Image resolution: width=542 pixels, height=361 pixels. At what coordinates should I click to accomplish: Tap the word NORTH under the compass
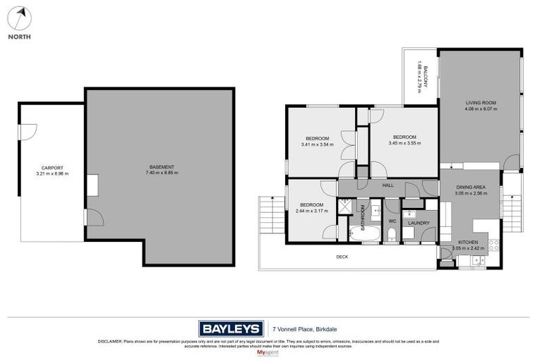(20, 37)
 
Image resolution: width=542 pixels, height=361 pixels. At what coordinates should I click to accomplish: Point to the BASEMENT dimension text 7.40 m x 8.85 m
(159, 173)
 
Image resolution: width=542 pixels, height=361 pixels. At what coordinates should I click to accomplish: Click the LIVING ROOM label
(481, 102)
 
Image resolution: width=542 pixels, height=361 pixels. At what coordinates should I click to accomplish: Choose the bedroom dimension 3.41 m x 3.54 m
(317, 145)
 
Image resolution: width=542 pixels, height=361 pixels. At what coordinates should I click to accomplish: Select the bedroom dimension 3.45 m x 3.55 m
(404, 143)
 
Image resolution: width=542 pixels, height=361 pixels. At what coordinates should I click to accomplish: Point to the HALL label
(387, 185)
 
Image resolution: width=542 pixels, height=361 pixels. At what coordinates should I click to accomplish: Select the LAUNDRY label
(418, 223)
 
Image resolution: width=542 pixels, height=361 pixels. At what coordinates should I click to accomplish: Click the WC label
(392, 221)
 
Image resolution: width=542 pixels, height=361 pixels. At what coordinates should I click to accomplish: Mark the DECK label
(342, 257)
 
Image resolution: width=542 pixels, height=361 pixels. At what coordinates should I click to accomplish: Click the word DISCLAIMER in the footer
(111, 341)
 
